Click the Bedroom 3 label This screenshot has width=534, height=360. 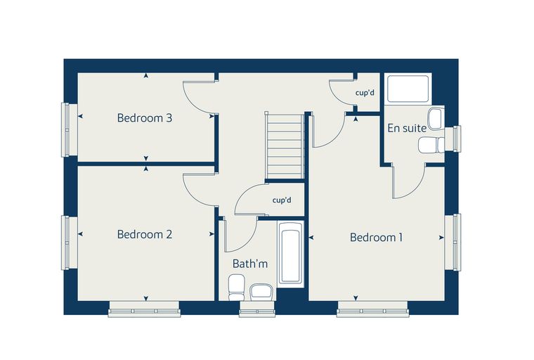[145, 118]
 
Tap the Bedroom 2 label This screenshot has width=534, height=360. [145, 234]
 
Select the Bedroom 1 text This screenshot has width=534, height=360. [377, 237]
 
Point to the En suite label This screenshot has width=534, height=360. [407, 128]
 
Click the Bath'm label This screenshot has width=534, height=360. [250, 264]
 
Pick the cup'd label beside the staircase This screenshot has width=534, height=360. [282, 200]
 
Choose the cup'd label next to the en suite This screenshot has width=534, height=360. [365, 93]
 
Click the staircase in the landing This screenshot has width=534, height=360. [285, 146]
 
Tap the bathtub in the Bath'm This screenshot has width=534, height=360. [290, 254]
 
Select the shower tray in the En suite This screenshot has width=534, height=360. [408, 89]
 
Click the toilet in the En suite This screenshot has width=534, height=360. [431, 146]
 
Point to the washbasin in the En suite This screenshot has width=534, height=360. [436, 119]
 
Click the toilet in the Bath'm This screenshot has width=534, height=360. [237, 288]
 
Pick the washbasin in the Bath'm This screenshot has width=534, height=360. [262, 292]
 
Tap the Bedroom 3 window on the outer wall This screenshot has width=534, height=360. [65, 129]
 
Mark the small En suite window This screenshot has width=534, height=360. [457, 139]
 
